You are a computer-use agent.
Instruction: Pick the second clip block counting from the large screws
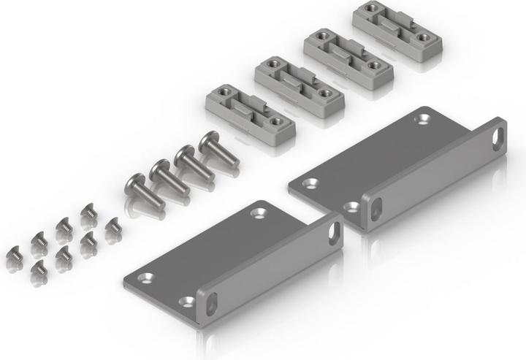coord(300,84)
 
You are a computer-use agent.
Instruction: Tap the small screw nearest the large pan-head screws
coord(113,229)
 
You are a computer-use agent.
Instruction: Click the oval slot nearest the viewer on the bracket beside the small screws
coord(210,303)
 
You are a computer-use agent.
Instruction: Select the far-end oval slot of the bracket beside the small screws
coord(334,233)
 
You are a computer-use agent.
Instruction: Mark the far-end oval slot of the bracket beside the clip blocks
coord(498,138)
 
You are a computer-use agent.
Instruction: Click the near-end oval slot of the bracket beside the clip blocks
coord(376,209)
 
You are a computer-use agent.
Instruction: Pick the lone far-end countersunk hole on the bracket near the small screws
coord(259,212)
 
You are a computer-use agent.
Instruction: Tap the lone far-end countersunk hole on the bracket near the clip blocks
coord(422,118)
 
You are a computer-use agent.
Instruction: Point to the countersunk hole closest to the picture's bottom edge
coord(187,301)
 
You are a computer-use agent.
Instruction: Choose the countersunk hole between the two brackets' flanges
coord(351,207)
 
